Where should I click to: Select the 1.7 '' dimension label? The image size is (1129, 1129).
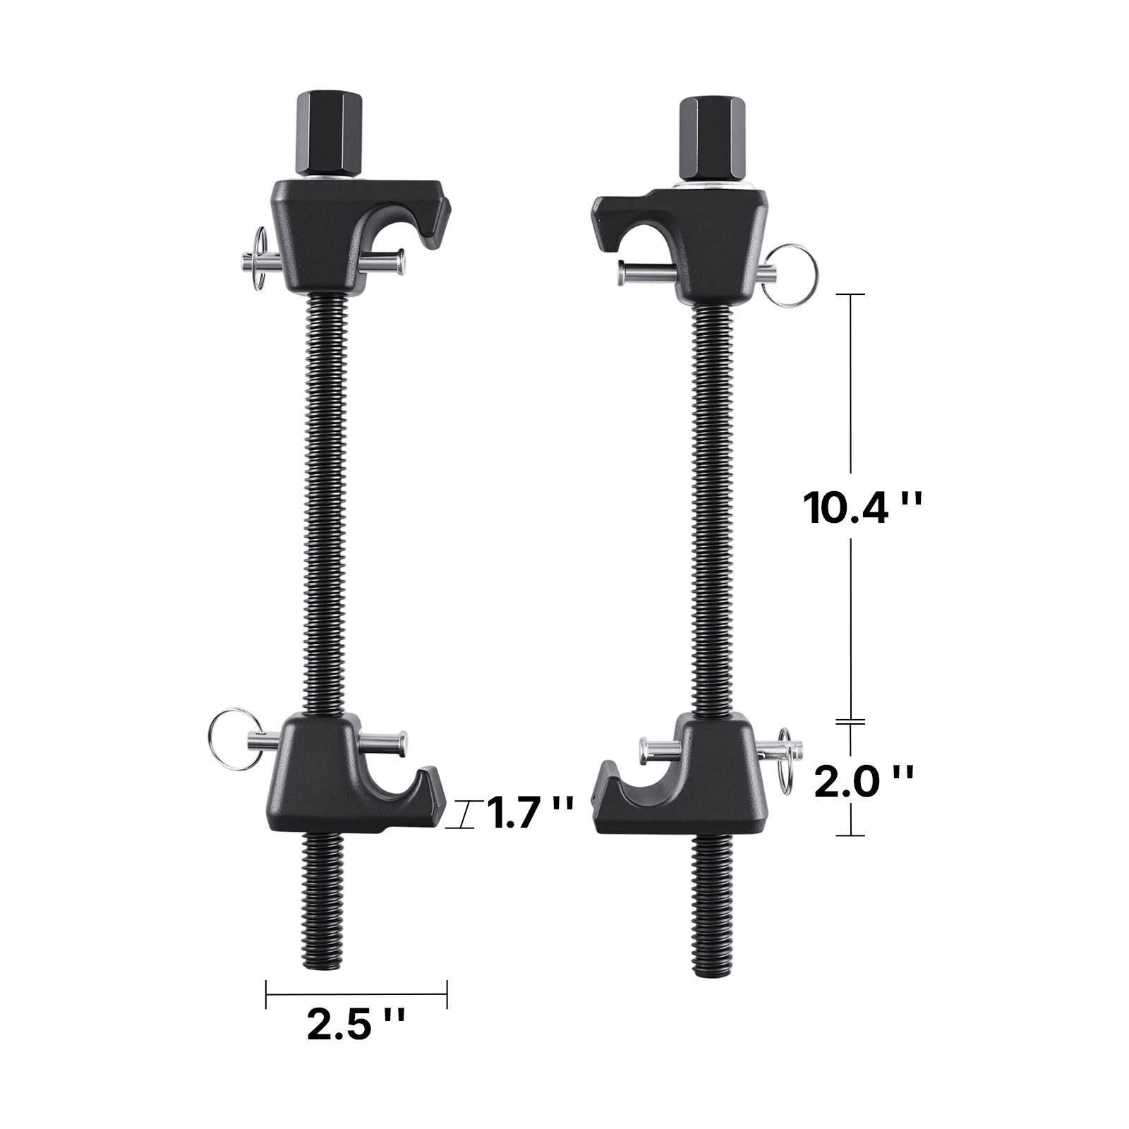(529, 812)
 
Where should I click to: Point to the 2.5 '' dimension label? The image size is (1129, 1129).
(356, 1025)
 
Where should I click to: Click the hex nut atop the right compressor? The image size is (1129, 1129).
(712, 138)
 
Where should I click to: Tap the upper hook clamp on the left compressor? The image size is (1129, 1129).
(358, 235)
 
